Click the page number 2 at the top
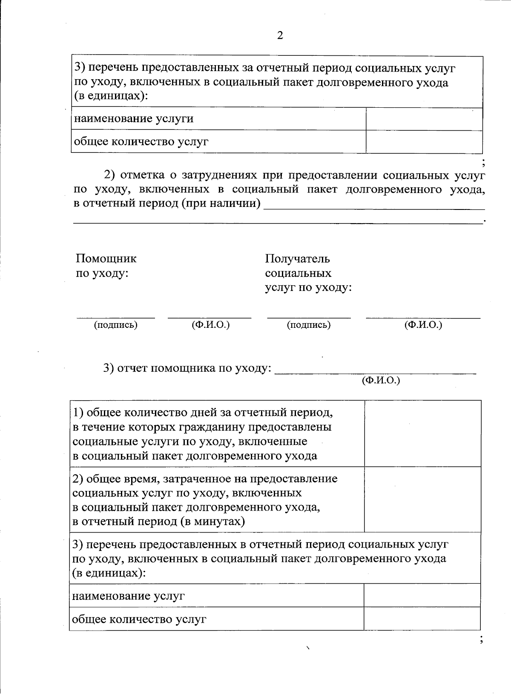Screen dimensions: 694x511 [280, 36]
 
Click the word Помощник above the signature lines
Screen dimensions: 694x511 [106, 258]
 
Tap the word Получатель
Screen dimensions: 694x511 [297, 258]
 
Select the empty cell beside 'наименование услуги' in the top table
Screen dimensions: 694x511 [424, 119]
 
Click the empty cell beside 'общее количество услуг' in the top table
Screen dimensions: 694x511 [424, 142]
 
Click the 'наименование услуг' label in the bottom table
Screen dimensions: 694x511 [128, 596]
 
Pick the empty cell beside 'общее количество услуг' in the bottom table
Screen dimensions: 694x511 [422, 619]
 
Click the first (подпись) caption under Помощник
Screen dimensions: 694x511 [115, 325]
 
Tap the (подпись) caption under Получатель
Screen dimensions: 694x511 [309, 325]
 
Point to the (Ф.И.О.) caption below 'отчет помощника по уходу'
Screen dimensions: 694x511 [381, 381]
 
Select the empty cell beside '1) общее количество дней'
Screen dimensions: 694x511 [422, 433]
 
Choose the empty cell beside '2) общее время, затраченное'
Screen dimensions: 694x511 [422, 499]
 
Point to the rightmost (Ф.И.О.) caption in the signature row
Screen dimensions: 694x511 [423, 325]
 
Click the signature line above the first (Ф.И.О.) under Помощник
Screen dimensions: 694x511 [210, 317]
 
